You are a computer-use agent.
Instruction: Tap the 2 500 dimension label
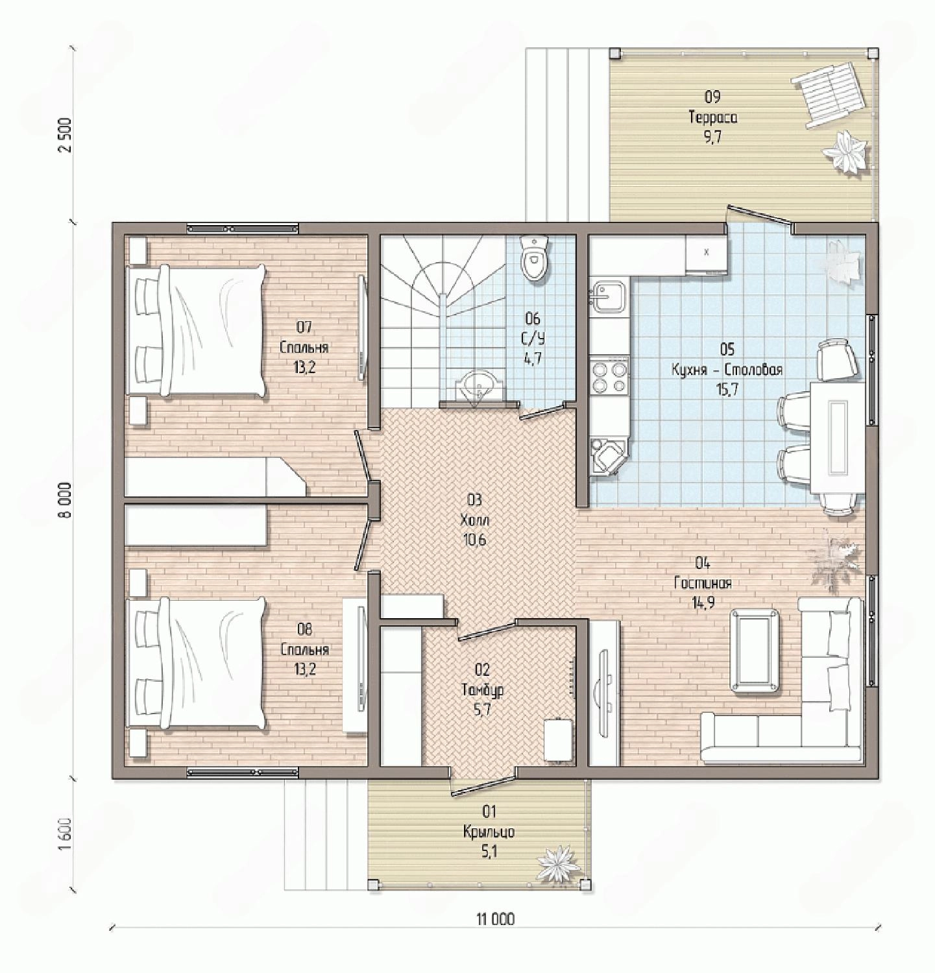pos(66,135)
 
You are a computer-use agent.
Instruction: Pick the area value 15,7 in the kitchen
pos(727,390)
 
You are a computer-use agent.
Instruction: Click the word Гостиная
pos(703,583)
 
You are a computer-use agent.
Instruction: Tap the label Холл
pos(474,520)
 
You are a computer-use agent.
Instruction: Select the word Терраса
pos(712,117)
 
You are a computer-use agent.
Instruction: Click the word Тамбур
pos(482,690)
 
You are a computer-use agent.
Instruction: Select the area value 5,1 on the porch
pos(489,852)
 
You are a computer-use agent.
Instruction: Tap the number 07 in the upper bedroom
pos(304,326)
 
